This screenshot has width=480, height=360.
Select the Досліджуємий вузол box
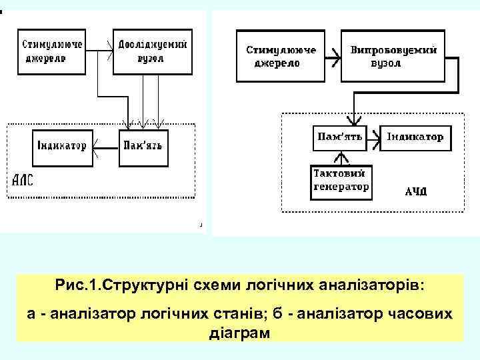[x=153, y=51]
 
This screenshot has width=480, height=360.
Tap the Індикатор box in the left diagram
[x=62, y=145]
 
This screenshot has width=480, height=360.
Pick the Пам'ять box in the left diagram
[x=143, y=145]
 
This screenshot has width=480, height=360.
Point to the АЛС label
[x=23, y=180]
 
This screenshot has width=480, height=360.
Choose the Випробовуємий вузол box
[x=393, y=57]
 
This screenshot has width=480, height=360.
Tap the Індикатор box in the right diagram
[x=415, y=137]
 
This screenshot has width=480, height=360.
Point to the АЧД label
[x=417, y=193]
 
